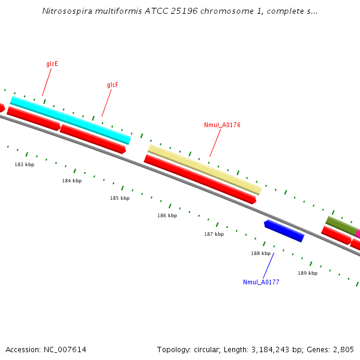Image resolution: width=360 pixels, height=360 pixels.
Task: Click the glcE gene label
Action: pos(52,64)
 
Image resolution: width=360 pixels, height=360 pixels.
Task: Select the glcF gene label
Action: pos(112,85)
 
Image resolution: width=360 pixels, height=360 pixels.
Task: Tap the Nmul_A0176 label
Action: pos(222,125)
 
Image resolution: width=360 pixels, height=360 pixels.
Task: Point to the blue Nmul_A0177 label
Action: pos(261,282)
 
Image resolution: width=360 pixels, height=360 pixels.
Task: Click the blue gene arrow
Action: pos(284,230)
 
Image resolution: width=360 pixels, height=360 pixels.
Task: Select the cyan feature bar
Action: pos(70,120)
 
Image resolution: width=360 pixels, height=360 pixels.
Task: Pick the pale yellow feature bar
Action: pos(205,169)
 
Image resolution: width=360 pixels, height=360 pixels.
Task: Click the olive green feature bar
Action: pos(341,226)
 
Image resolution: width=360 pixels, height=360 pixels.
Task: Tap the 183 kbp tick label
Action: pos(25,164)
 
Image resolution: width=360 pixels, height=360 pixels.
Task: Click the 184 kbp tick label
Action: pos(71,181)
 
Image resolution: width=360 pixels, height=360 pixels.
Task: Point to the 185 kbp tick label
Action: pos(119,198)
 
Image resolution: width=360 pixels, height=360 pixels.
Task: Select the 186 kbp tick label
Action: pos(167,215)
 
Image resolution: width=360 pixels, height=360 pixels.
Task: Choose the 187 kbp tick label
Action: pos(214,234)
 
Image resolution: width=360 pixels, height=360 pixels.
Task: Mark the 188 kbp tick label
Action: pos(260,253)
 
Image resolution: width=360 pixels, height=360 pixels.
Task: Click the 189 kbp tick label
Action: pos(307,273)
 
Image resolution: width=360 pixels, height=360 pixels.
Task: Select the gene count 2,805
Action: pos(343,349)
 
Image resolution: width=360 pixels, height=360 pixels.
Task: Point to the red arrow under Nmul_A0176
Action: pos(200,179)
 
